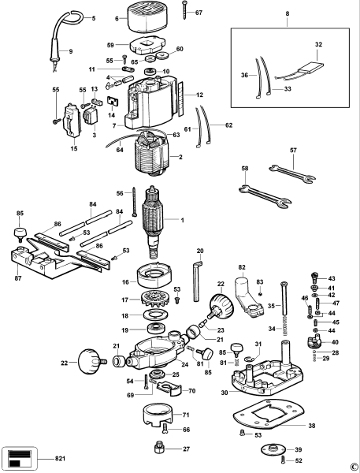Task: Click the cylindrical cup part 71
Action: pos(158,415)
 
